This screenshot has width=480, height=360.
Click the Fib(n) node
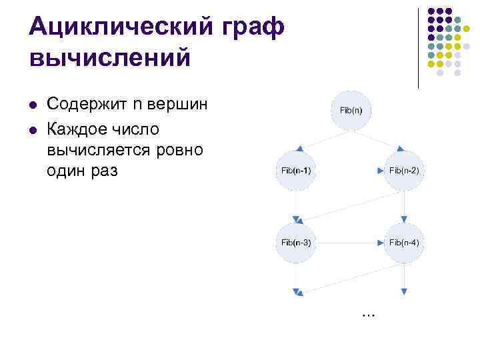click(351, 109)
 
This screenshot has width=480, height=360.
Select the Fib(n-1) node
click(295, 171)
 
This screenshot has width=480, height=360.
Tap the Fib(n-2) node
click(404, 171)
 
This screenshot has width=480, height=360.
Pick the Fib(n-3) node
click(295, 242)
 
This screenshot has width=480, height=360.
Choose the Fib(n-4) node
click(404, 242)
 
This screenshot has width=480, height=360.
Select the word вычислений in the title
click(110, 58)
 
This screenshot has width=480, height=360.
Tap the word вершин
click(182, 105)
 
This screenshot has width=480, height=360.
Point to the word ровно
click(182, 148)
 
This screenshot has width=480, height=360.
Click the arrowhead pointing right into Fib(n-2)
click(381, 171)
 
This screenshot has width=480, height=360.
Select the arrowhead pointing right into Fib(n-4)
click(381, 242)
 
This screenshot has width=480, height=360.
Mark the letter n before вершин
click(138, 105)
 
